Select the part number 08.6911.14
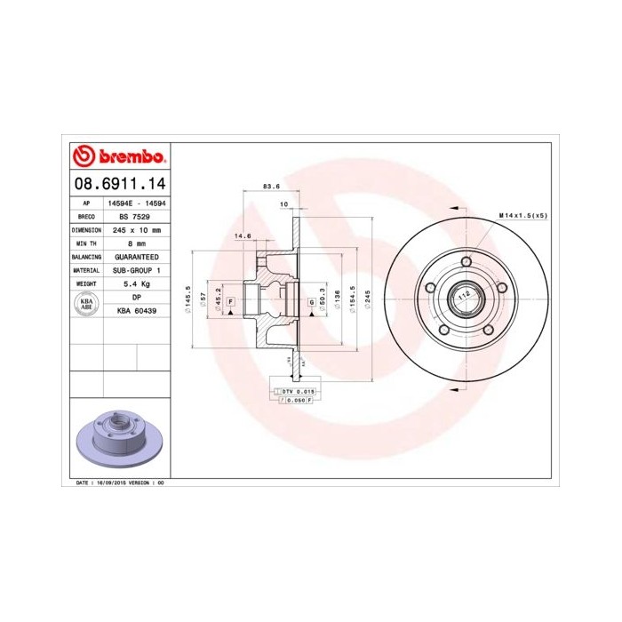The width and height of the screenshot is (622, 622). point(119,185)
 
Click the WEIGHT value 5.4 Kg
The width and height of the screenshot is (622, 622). point(136,283)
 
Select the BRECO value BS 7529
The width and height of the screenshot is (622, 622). point(135,216)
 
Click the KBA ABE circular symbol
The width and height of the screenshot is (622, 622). point(87,304)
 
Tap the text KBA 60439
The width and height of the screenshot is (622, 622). point(137,311)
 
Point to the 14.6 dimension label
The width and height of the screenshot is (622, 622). point(242,235)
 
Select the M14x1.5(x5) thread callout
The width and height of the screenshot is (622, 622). point(522,216)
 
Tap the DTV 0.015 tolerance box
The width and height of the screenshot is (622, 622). point(297,391)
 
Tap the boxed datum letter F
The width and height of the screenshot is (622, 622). point(230,303)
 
